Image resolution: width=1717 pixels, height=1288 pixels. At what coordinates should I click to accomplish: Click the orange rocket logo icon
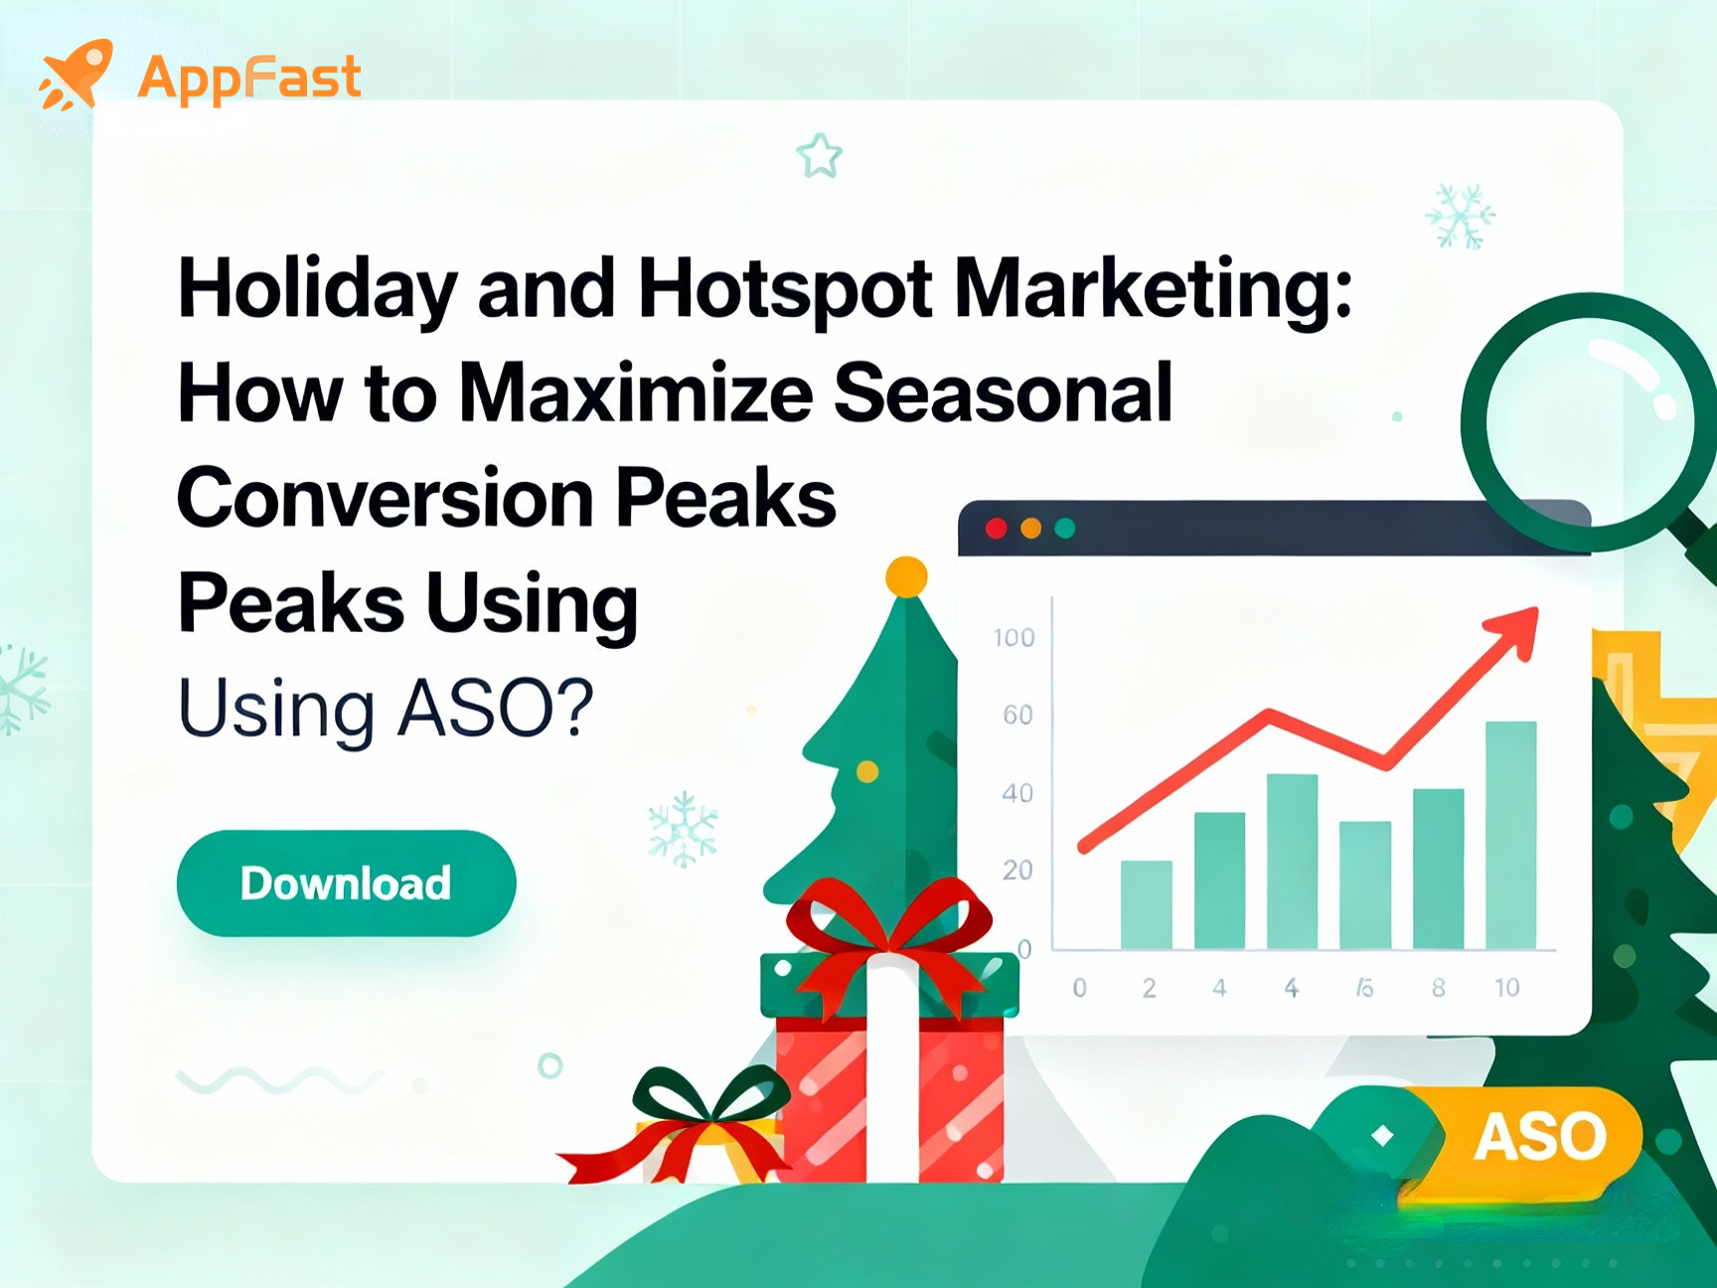point(76,75)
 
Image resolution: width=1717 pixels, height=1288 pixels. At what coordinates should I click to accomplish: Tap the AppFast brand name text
point(249,78)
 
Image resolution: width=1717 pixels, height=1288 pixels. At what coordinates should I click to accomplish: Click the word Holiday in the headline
point(317,289)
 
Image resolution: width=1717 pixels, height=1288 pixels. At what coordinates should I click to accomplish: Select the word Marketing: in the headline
point(1153,289)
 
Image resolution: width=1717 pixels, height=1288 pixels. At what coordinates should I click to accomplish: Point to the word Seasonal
point(1003,393)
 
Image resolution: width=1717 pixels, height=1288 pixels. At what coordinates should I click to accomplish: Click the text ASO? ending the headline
point(495,707)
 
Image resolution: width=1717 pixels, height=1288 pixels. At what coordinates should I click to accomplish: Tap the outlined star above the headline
point(820,156)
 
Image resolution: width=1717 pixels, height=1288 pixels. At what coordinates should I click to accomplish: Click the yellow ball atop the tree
point(906,576)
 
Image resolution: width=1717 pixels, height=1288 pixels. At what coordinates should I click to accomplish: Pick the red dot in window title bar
point(996,528)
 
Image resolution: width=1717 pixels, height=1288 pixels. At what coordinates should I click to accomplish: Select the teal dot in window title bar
point(1065,528)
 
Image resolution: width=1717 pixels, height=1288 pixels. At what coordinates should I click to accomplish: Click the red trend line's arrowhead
point(1514,630)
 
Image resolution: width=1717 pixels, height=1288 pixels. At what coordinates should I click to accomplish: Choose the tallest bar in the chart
point(1510,834)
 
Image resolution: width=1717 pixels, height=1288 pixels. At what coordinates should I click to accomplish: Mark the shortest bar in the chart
point(1147,903)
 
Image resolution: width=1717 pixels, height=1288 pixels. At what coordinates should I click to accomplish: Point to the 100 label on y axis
point(1014,637)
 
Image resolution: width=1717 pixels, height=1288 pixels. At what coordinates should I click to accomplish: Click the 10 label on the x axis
point(1507,987)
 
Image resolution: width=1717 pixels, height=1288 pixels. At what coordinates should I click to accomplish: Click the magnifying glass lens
point(1590,421)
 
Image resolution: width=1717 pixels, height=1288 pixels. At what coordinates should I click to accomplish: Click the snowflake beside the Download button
point(683,829)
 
